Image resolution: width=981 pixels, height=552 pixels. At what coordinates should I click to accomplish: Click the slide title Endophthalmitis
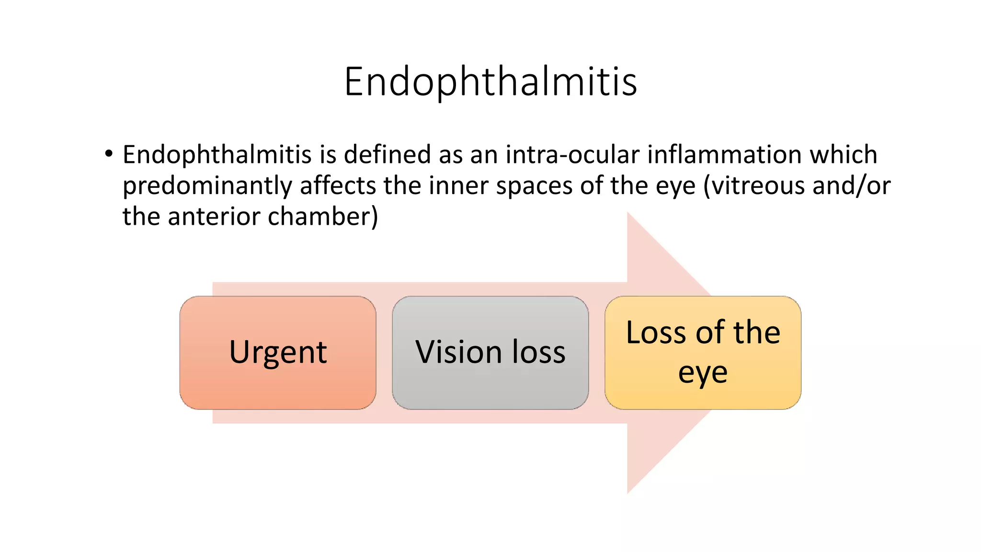pos(490,81)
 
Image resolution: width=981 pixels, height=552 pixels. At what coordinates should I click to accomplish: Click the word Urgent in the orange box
pos(278,353)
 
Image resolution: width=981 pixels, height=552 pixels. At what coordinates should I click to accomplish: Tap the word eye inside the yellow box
pos(703,373)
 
